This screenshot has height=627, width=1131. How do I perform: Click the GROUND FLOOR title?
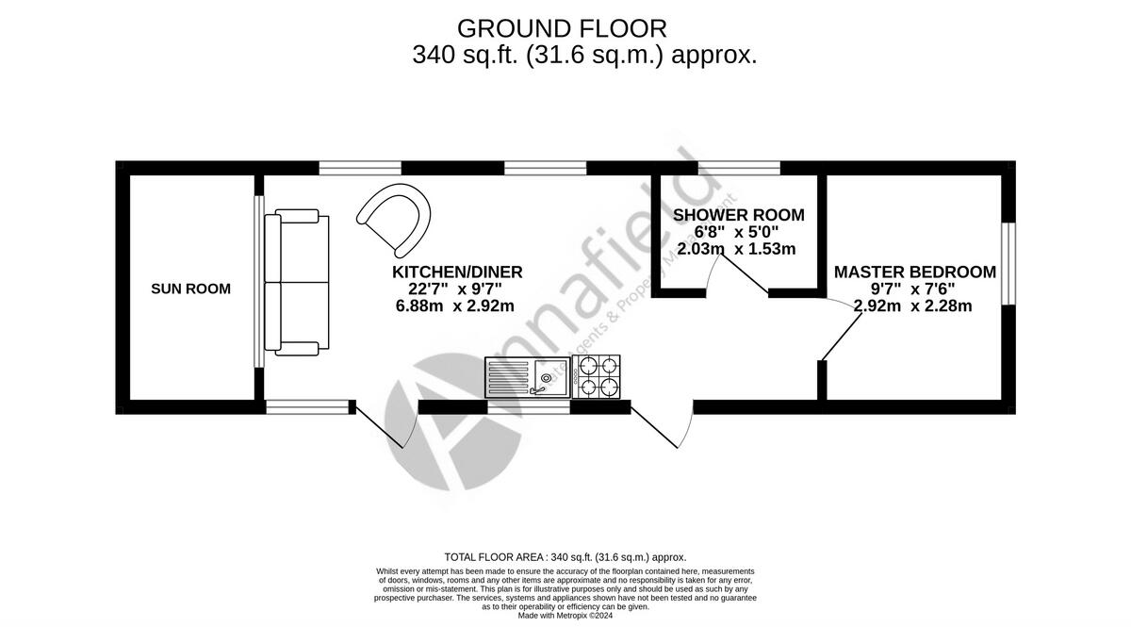pos(562,28)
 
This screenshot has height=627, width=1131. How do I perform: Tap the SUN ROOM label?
pos(190,289)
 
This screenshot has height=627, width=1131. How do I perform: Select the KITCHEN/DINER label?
pos(457,272)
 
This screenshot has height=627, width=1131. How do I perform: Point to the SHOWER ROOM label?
pos(738,215)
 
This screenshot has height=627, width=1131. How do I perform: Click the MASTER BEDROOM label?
pos(914,272)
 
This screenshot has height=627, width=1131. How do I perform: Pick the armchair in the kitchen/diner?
pos(395,219)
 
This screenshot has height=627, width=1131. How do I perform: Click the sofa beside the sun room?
pos(297,284)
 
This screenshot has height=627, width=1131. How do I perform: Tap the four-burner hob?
pos(597,376)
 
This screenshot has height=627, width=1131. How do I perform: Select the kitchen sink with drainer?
pos(528,376)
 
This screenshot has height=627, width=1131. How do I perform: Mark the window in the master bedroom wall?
pos(1008,264)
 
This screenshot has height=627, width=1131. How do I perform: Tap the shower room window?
pos(745,168)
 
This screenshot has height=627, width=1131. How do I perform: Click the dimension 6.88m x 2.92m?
pos(455,305)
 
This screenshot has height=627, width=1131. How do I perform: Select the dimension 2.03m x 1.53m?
pos(736,249)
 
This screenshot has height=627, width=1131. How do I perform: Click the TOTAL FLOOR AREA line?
pos(565,557)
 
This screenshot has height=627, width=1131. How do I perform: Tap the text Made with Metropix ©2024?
pos(565,615)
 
